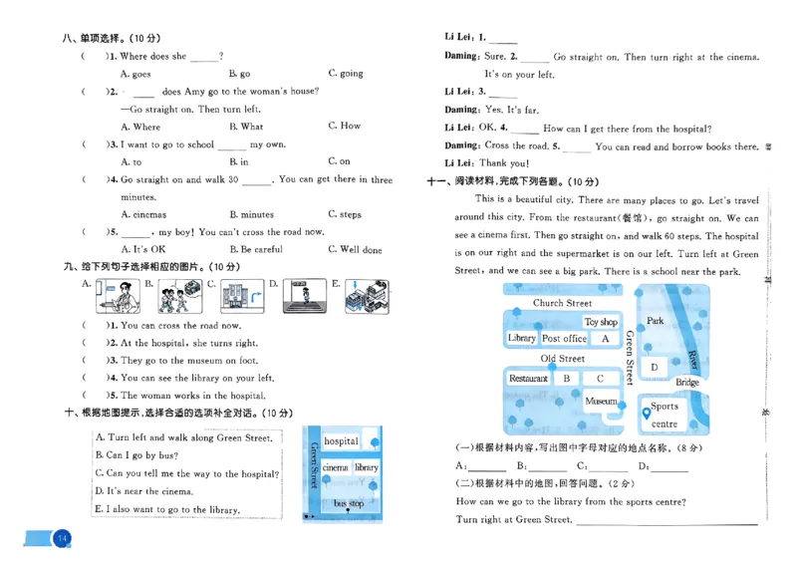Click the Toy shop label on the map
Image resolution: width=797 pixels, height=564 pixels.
[x=601, y=322]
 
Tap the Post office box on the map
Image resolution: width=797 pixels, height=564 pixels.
[x=564, y=339]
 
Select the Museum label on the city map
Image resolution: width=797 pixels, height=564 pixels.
[x=601, y=402]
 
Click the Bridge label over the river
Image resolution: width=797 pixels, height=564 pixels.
[x=687, y=383]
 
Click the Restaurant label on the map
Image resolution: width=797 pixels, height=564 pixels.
[x=528, y=379]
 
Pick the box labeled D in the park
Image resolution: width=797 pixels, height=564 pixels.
[x=655, y=367]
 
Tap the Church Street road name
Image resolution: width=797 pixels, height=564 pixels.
[x=562, y=303]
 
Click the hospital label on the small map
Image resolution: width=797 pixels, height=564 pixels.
[x=341, y=441]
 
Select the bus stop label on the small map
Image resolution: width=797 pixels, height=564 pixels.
[x=349, y=504]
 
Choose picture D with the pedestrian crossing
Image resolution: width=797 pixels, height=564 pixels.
[x=304, y=296]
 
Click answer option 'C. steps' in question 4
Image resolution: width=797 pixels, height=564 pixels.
[x=345, y=214]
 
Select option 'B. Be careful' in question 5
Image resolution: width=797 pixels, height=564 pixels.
[x=255, y=250]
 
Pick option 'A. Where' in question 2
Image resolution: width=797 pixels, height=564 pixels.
[x=139, y=127]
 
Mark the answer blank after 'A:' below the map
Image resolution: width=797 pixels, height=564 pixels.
[x=487, y=467]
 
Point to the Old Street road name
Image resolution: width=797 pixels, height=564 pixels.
[x=562, y=359]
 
